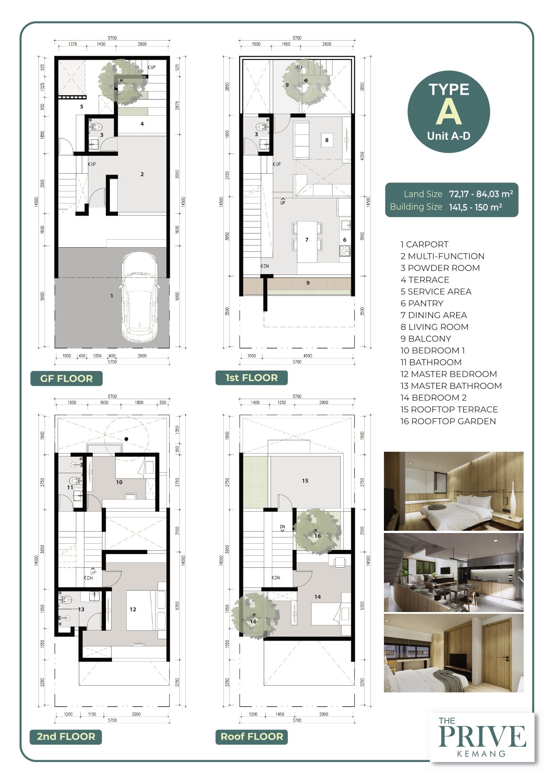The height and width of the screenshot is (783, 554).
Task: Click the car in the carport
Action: click(x=139, y=298)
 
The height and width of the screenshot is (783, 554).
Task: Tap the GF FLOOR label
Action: click(x=67, y=379)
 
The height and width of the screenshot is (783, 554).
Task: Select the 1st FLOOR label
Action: click(x=251, y=378)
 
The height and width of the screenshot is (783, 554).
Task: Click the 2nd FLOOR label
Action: click(x=66, y=737)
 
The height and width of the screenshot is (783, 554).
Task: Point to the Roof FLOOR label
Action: click(x=252, y=737)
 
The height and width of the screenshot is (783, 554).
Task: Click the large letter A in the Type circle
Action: click(x=449, y=112)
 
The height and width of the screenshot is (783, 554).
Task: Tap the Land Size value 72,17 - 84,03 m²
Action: click(x=481, y=194)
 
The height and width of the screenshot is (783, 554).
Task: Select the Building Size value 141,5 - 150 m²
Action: click(x=475, y=207)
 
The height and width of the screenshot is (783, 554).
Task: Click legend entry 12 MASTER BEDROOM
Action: click(x=449, y=374)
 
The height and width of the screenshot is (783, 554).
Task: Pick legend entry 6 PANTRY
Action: click(x=422, y=304)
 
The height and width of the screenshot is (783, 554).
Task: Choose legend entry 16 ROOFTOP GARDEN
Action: click(x=448, y=421)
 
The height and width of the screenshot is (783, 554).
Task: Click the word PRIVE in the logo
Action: click(x=482, y=736)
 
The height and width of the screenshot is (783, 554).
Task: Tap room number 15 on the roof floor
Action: click(x=305, y=481)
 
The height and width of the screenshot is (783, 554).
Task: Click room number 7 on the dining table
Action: click(x=307, y=240)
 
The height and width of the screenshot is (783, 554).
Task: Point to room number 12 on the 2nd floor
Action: click(x=133, y=609)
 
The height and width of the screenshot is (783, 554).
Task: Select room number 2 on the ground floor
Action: click(x=142, y=174)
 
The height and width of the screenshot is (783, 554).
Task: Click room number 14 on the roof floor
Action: click(x=317, y=597)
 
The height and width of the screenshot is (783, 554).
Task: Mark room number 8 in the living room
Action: click(x=327, y=140)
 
